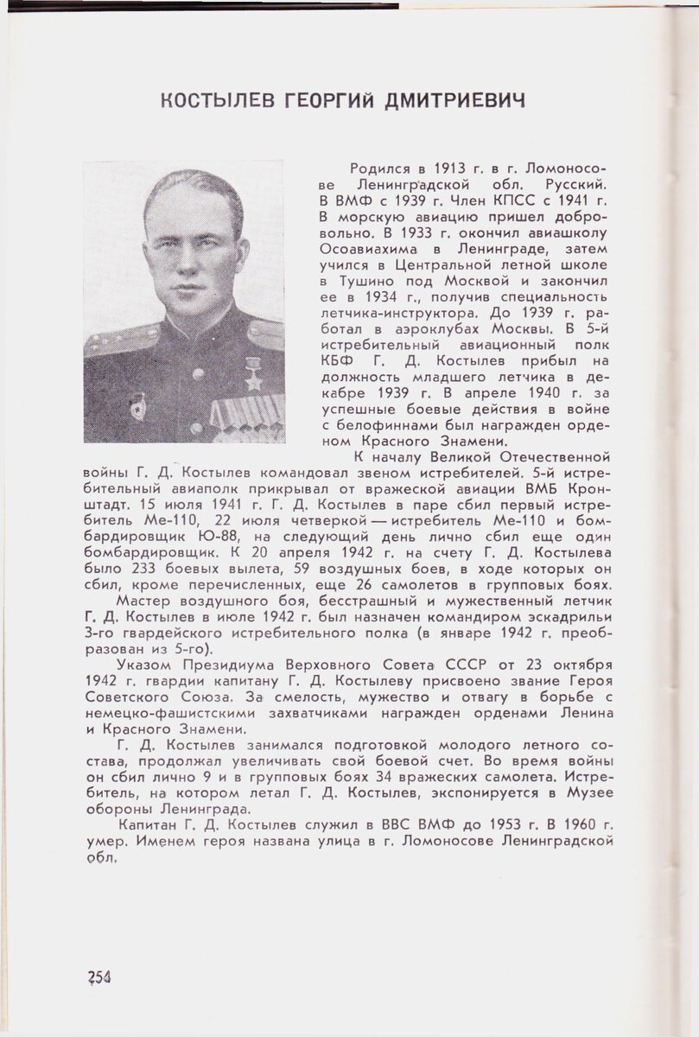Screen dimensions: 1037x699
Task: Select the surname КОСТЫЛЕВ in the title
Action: [x=219, y=102]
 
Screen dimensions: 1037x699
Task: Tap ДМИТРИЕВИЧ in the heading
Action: [x=455, y=102]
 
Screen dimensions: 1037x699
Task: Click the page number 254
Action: [x=100, y=977]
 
